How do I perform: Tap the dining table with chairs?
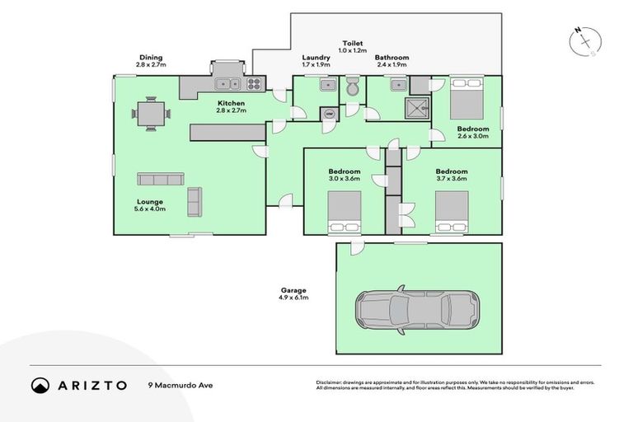point(151,114)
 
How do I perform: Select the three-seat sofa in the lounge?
point(160,179)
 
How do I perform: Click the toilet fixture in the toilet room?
point(353,87)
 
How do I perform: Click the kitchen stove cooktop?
point(254,82)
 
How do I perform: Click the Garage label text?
point(293,290)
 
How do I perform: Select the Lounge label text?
point(150,201)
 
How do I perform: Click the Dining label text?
point(151,57)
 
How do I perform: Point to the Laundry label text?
point(316,57)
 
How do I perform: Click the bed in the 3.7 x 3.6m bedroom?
point(451,211)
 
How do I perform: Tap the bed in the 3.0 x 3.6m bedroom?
point(344,212)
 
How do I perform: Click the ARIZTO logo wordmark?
point(91,385)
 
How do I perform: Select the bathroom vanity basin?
point(397,83)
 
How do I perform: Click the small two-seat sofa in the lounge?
point(195,200)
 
